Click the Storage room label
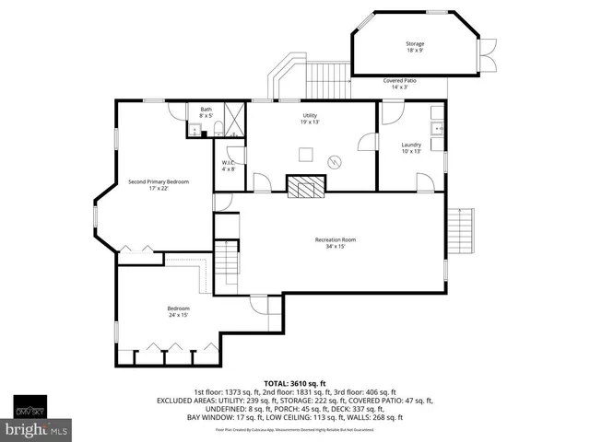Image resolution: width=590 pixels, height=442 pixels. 415,47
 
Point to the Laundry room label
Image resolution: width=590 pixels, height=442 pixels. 411,147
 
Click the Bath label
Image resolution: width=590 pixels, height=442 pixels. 206,112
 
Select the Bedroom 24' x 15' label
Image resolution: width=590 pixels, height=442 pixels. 178,311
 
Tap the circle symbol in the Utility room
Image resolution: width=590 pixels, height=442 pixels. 337,161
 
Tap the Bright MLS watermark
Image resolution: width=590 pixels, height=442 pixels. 37,429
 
